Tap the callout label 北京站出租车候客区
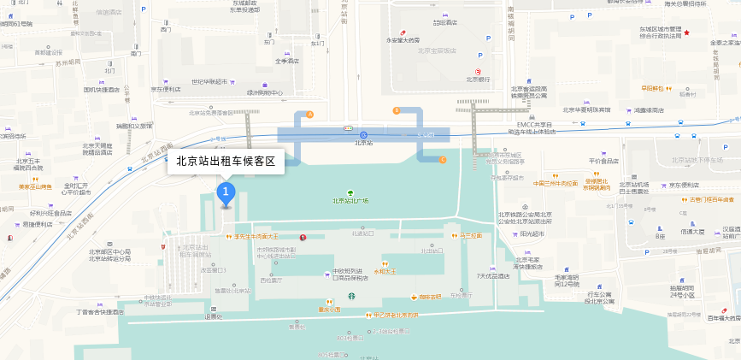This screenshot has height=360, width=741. (x=226, y=161)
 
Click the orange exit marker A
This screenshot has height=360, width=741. (x=310, y=114)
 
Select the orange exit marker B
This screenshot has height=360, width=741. (x=396, y=110)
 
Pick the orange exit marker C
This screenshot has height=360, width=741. (x=443, y=160)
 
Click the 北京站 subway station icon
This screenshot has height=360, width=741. (x=363, y=134)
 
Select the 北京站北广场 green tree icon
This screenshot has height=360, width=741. (x=350, y=193)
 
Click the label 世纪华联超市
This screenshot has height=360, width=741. (x=209, y=81)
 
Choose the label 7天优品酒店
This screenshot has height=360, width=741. (x=493, y=276)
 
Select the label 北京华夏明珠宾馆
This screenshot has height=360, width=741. (x=585, y=109)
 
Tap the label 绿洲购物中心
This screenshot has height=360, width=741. (x=265, y=92)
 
